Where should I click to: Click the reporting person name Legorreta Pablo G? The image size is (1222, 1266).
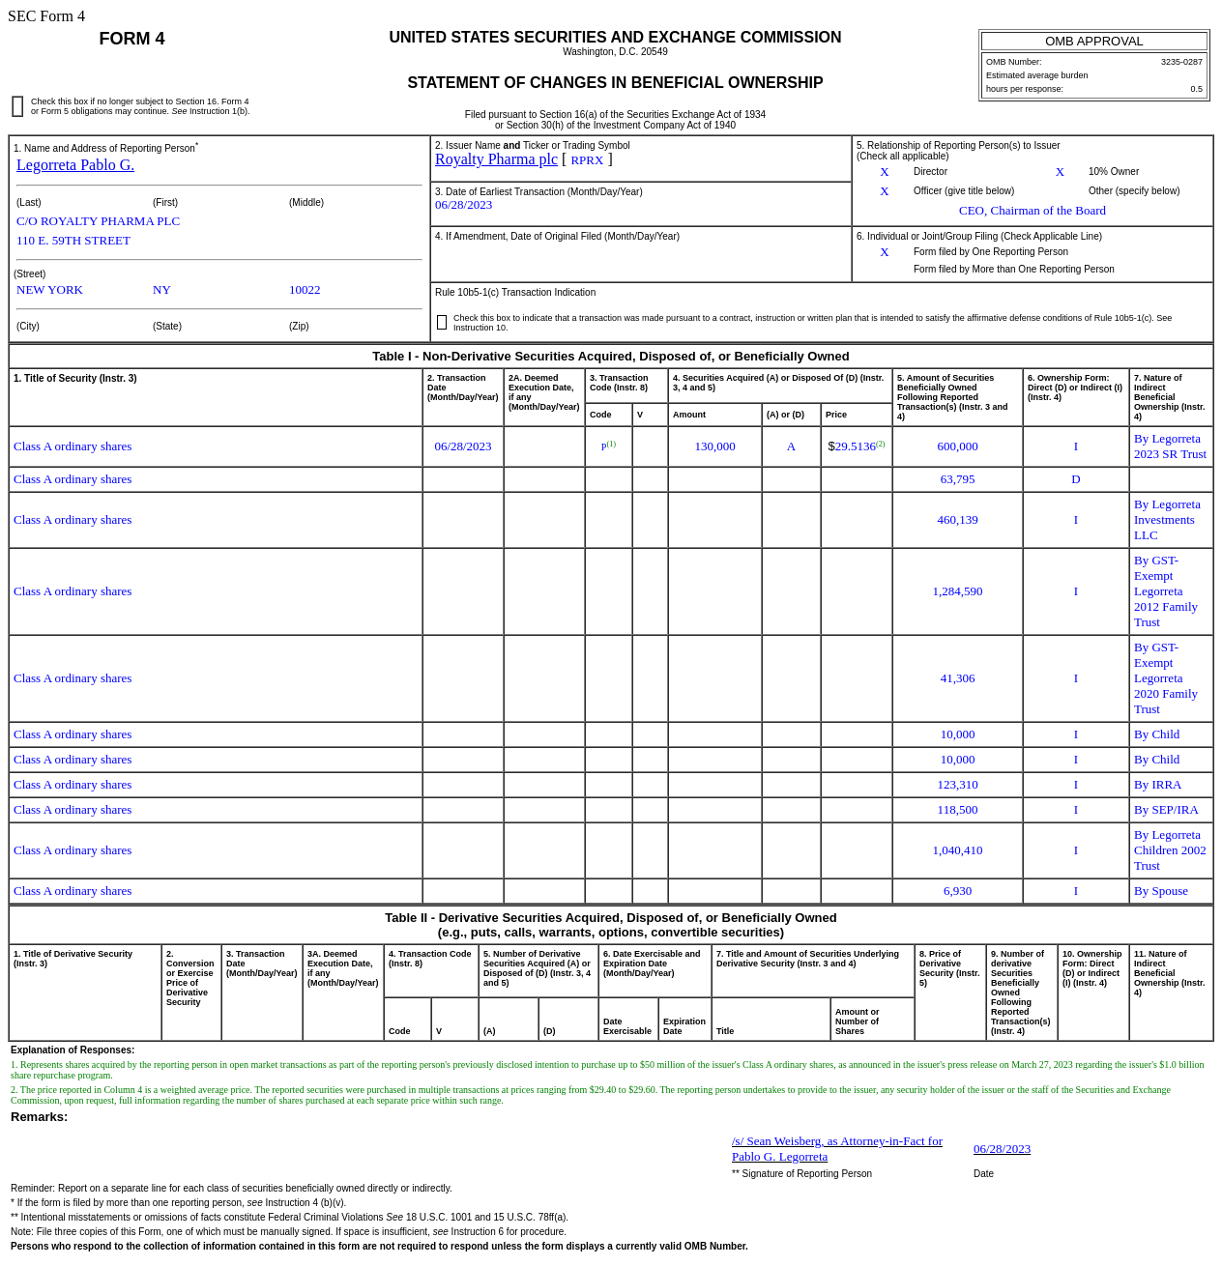(x=75, y=165)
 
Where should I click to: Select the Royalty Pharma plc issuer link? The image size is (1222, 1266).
(x=496, y=159)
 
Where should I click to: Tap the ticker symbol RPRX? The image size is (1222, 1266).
(x=587, y=160)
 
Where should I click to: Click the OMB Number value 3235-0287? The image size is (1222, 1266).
(x=1181, y=62)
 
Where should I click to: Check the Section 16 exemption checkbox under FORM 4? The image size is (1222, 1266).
(x=17, y=106)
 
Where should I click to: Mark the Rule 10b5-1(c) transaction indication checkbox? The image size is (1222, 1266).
(x=442, y=322)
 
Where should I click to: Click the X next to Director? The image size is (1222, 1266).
(x=884, y=172)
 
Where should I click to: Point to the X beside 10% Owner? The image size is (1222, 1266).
(x=1060, y=172)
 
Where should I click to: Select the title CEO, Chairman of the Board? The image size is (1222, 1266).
(x=1032, y=211)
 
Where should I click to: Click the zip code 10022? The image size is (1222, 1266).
(x=305, y=290)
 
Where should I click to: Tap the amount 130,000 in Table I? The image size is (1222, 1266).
(x=714, y=446)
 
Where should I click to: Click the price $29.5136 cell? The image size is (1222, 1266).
(x=856, y=446)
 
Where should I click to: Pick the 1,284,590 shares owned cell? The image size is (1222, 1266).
(x=957, y=591)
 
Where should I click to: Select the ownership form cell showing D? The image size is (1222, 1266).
(x=1075, y=479)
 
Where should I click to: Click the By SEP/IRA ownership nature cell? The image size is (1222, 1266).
(x=1166, y=810)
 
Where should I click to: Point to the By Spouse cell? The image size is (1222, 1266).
(x=1160, y=891)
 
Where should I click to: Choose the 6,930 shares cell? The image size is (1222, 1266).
(x=957, y=891)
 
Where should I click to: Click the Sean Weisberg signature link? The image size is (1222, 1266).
(x=836, y=1148)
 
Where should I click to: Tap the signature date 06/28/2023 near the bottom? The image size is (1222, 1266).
(x=1002, y=1149)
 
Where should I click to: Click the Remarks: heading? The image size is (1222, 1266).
(x=40, y=1117)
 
